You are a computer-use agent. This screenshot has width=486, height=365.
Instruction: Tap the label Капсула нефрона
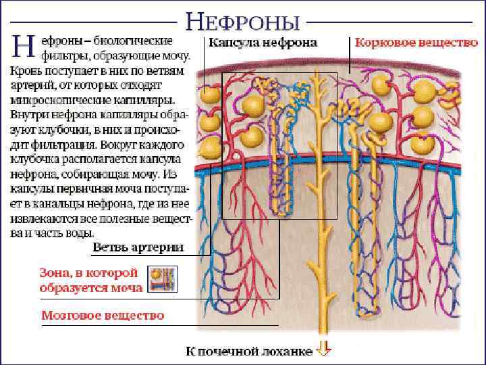(x=262, y=43)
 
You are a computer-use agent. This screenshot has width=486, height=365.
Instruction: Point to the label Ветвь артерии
(x=137, y=247)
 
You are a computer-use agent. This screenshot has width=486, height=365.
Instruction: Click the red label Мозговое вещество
(x=103, y=315)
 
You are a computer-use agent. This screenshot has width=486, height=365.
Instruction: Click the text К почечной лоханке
(x=249, y=351)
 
